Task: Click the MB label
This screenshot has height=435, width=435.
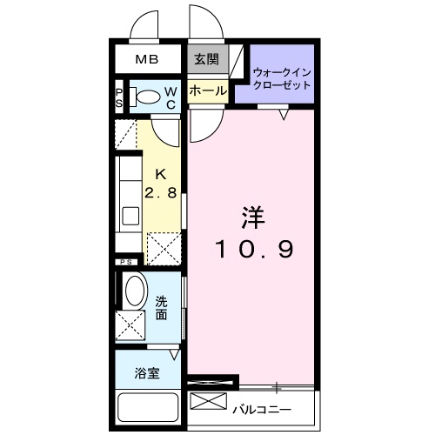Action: coord(145,61)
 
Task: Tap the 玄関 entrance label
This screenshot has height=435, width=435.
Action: coord(206,60)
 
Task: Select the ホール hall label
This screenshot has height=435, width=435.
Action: coord(206,90)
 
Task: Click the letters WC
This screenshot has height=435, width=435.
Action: coord(171,97)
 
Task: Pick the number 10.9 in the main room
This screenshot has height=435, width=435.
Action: coord(255,249)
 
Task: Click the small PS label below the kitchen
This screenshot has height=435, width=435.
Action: coord(125,261)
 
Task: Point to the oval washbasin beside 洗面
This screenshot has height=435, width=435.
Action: coord(134,290)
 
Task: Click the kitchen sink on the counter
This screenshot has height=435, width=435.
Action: coord(130,214)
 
